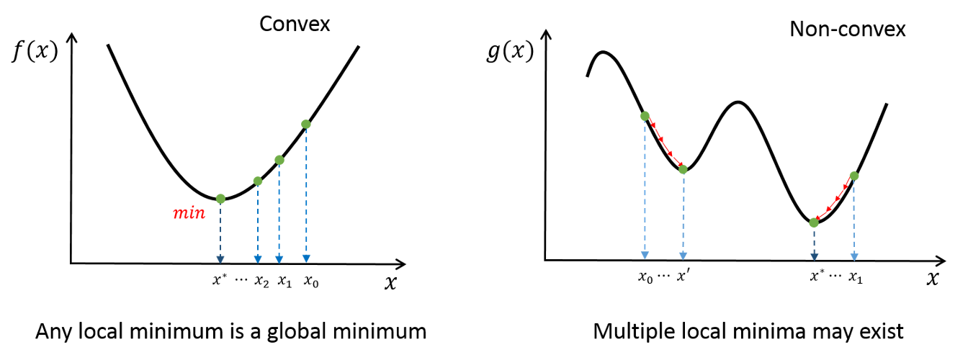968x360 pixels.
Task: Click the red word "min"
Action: point(189,213)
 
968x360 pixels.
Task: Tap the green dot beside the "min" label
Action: point(220,199)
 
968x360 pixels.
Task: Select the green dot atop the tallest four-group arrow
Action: point(306,125)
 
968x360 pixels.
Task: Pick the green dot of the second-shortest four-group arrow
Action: point(258,181)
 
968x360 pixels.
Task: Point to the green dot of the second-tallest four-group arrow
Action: point(279,160)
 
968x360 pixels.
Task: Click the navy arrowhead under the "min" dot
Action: point(220,259)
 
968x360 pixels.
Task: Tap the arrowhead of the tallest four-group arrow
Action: point(306,258)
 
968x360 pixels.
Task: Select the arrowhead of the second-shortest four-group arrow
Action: point(258,259)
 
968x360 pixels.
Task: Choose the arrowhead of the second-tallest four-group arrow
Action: point(279,259)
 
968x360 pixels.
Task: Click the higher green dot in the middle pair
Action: point(645,116)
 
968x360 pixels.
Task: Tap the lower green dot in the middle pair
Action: point(683,169)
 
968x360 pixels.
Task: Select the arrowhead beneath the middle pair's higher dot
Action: point(645,255)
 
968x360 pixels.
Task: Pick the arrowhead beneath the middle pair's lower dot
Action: point(683,256)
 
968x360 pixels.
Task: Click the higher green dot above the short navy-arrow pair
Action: point(854,176)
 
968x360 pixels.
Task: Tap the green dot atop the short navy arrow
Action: point(814,222)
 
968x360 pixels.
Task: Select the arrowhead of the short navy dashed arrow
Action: point(814,256)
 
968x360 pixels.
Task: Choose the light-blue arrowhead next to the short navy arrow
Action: point(854,256)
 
